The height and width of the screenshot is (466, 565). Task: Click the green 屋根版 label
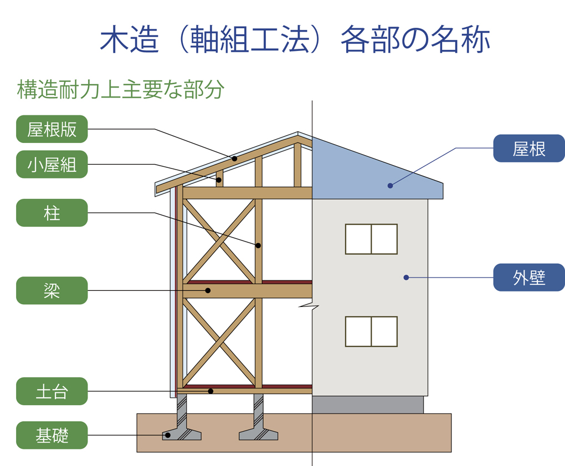point(52,129)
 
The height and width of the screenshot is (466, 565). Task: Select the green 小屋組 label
point(52,165)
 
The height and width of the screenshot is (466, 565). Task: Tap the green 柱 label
point(52,213)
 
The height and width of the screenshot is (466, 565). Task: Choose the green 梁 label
point(52,290)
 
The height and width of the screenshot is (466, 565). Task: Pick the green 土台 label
point(52,391)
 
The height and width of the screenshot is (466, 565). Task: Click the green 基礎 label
point(52,435)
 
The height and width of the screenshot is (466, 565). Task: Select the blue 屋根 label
point(529,148)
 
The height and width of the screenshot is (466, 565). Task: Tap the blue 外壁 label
point(529,277)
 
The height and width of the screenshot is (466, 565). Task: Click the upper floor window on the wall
point(371,239)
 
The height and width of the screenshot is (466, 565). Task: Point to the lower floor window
point(371,331)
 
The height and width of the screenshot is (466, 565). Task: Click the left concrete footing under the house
point(182,427)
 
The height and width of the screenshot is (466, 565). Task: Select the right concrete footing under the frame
point(258,427)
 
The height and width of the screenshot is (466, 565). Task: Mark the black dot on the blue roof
point(390,186)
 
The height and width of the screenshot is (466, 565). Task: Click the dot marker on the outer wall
point(406,277)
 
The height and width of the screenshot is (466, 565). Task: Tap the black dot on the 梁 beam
point(208,290)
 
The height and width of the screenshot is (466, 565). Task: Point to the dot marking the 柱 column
point(258,245)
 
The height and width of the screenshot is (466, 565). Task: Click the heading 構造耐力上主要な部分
point(120,90)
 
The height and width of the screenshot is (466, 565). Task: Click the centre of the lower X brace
point(219,341)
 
